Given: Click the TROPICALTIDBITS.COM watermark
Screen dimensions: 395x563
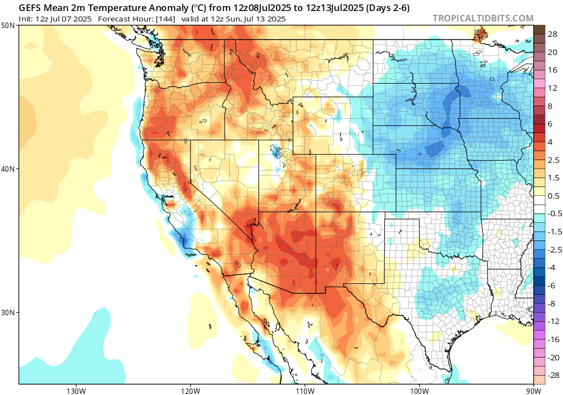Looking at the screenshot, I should tap(483, 18).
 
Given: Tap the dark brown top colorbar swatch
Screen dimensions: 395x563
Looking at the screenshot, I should tap(539, 29).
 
